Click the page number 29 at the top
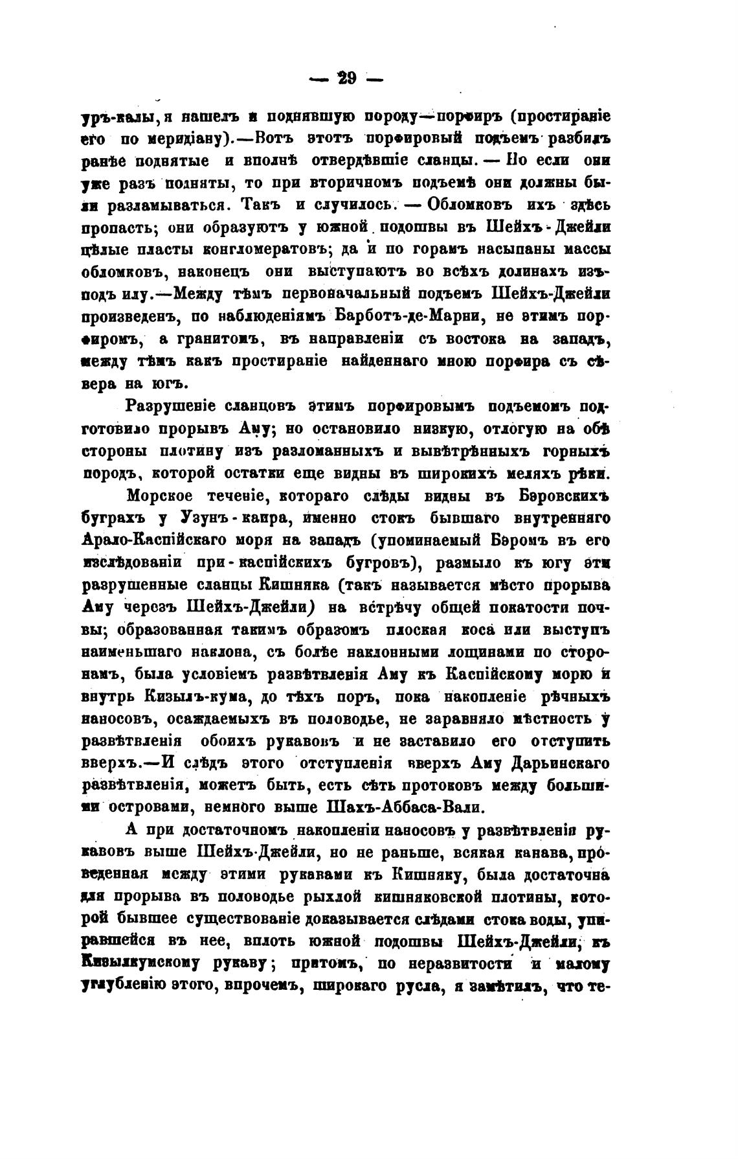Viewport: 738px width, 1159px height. coord(347,79)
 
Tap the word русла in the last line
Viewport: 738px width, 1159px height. coord(414,986)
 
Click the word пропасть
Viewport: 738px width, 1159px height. coord(121,227)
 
